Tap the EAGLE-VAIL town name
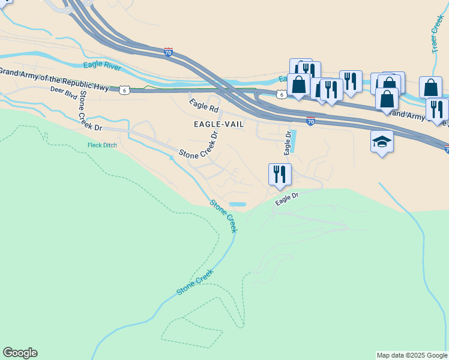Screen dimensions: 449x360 pos(218,124)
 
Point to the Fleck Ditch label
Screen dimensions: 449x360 pos(102,145)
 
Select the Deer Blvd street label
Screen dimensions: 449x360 pos(65,91)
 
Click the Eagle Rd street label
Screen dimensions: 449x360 pos(204,106)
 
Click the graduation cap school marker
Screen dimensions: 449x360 pos(382,142)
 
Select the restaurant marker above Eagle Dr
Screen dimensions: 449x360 pos(280,175)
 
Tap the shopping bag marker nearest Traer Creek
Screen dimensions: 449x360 pos(430,88)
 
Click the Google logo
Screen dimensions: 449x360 pos(20,353)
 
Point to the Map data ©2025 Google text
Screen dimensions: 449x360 pos(412,355)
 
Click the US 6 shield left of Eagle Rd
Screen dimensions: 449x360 pos(124,89)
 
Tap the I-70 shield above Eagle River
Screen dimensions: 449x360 pos(168,52)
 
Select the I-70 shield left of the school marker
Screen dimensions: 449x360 pos(310,121)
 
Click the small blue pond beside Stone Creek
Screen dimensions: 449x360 pos(238,204)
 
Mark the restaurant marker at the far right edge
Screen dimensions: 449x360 pos(438,109)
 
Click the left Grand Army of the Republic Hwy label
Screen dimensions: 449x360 pos(54,79)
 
